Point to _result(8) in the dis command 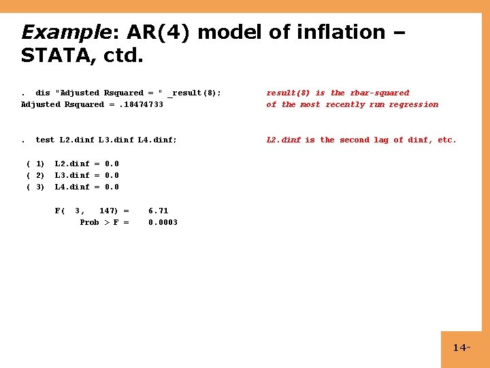point(193,93)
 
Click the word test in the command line point(45,140)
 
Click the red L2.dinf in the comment point(283,140)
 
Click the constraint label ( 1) point(35,164)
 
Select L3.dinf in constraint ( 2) point(72,175)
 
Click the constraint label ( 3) point(35,187)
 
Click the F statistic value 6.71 point(158,211)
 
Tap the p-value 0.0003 point(163,222)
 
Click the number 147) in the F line point(109,211)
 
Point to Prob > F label point(104,222)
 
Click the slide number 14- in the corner point(461,348)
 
